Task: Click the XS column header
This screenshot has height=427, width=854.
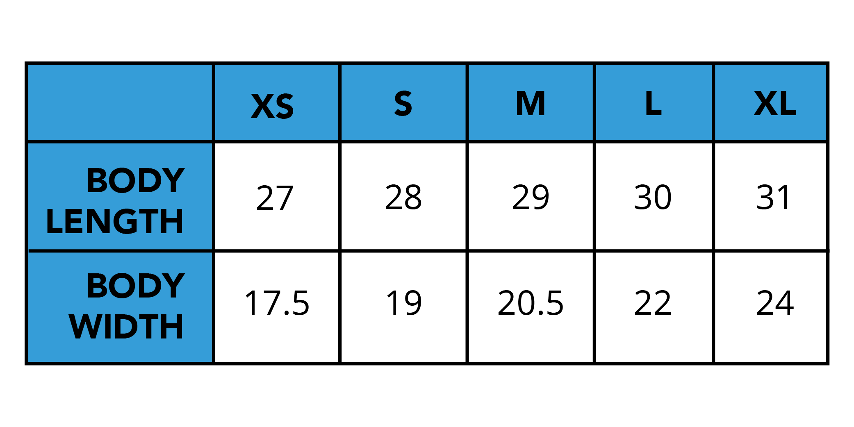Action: (x=272, y=106)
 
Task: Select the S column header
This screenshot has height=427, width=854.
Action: (x=403, y=103)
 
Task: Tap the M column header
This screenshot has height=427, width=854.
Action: (x=531, y=103)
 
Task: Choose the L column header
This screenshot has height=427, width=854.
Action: (x=653, y=103)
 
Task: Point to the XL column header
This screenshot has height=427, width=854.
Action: (x=775, y=103)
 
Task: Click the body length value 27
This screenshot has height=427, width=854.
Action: (x=275, y=198)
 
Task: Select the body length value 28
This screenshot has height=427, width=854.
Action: (x=403, y=197)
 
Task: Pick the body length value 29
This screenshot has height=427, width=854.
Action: (x=531, y=197)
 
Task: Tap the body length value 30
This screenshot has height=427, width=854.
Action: (x=653, y=197)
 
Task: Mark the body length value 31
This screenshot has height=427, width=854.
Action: (x=773, y=197)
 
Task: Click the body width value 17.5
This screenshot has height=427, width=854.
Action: (x=277, y=303)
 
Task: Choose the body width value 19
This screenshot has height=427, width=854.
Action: (x=404, y=303)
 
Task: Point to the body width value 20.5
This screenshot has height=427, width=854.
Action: (x=531, y=303)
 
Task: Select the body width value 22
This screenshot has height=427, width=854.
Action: (x=653, y=303)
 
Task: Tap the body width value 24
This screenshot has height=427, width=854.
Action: (x=775, y=303)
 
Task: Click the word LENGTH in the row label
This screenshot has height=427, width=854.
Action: (x=114, y=221)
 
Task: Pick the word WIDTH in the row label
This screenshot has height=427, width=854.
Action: (x=126, y=327)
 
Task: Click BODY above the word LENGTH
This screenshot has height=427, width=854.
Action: (x=136, y=180)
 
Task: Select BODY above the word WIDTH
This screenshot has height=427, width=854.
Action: (x=136, y=286)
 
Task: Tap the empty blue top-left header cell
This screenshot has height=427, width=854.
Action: (x=120, y=102)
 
